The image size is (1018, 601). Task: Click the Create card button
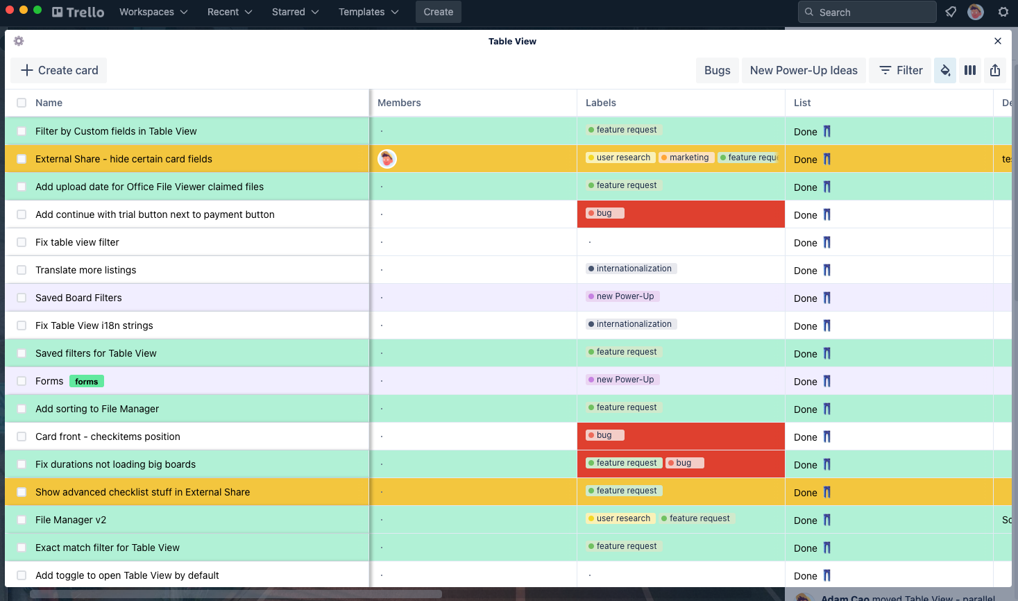(59, 70)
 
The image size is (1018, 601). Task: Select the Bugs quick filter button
(717, 70)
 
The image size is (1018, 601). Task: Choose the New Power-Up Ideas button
(804, 70)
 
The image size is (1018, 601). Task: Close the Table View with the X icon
(998, 41)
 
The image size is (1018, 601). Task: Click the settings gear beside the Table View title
(19, 41)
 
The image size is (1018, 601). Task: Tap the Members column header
(399, 103)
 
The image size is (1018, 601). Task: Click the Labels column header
(601, 103)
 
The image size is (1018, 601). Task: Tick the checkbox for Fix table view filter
(22, 242)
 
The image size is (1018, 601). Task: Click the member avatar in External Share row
(387, 159)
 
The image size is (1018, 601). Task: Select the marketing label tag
(685, 158)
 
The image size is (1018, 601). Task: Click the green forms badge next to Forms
(86, 381)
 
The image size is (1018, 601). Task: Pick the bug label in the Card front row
(604, 435)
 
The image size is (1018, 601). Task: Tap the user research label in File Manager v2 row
(619, 518)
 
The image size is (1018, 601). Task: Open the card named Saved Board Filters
(78, 298)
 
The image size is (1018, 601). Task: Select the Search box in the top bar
(867, 12)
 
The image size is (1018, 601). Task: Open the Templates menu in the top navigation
(368, 12)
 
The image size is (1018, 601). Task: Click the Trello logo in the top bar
(78, 12)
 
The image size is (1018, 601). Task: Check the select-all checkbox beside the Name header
(22, 103)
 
